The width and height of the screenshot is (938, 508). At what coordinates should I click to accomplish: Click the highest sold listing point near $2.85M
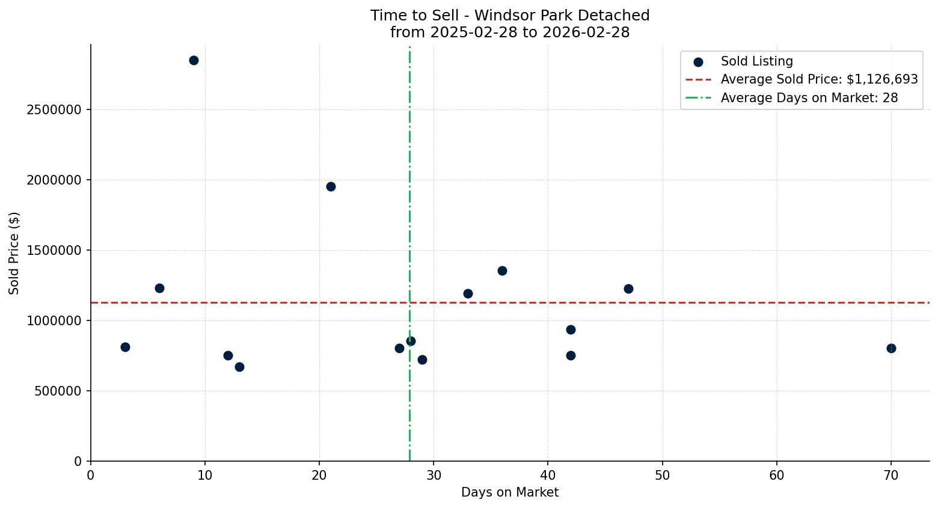[194, 60]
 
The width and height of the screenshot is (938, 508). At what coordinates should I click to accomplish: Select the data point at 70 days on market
[891, 348]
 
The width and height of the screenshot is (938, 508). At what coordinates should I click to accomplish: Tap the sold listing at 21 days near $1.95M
[331, 186]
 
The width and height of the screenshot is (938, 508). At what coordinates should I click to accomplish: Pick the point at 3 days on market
[125, 347]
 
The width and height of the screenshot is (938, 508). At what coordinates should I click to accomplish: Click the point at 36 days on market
[502, 271]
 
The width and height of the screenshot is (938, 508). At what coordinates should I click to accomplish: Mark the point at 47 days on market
[628, 289]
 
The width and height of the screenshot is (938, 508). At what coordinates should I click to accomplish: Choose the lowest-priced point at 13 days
[239, 367]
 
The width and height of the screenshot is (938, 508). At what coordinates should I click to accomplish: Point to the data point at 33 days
[468, 293]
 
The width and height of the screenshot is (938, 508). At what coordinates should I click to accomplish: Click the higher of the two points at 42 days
[571, 329]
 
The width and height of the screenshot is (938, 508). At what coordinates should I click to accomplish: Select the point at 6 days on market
[159, 288]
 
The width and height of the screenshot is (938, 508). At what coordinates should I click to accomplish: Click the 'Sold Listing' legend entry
[756, 61]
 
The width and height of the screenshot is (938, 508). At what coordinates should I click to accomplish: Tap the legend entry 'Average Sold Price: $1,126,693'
[819, 79]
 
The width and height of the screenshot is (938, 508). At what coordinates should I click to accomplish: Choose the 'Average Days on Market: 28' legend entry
[809, 97]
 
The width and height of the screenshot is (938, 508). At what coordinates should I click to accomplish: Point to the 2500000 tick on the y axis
[54, 110]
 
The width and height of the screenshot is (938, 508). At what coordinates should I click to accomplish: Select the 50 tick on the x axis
[662, 476]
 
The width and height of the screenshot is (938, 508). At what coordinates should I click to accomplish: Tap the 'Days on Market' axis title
[510, 492]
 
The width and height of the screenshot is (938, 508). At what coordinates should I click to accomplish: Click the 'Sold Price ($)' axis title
[14, 253]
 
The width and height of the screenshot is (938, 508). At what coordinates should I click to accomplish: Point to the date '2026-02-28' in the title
[586, 32]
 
